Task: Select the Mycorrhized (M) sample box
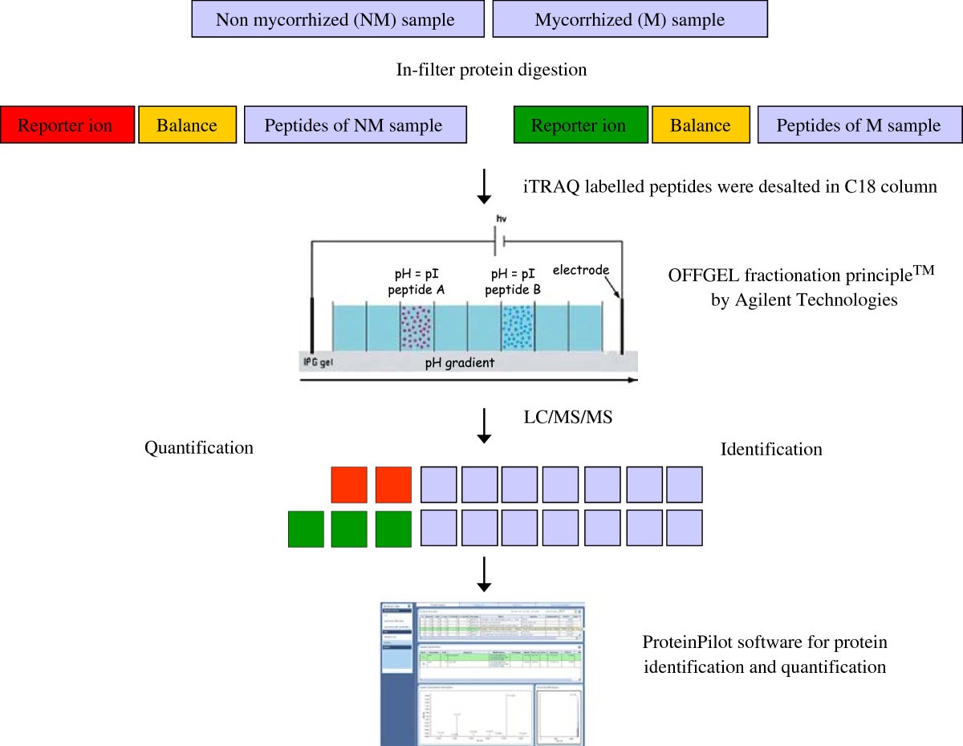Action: click(630, 19)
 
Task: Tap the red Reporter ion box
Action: click(67, 125)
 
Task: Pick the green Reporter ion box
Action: click(579, 125)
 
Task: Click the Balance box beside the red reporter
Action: click(187, 125)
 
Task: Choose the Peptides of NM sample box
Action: click(355, 125)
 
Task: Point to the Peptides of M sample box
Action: click(859, 125)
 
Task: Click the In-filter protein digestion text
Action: click(491, 70)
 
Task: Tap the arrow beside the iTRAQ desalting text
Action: click(484, 186)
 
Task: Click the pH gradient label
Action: click(459, 363)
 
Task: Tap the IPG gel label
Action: click(319, 362)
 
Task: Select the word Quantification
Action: click(199, 447)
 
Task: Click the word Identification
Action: click(771, 449)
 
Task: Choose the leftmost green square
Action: click(306, 528)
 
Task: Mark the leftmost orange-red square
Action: click(348, 485)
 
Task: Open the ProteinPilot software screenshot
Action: click(482, 673)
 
